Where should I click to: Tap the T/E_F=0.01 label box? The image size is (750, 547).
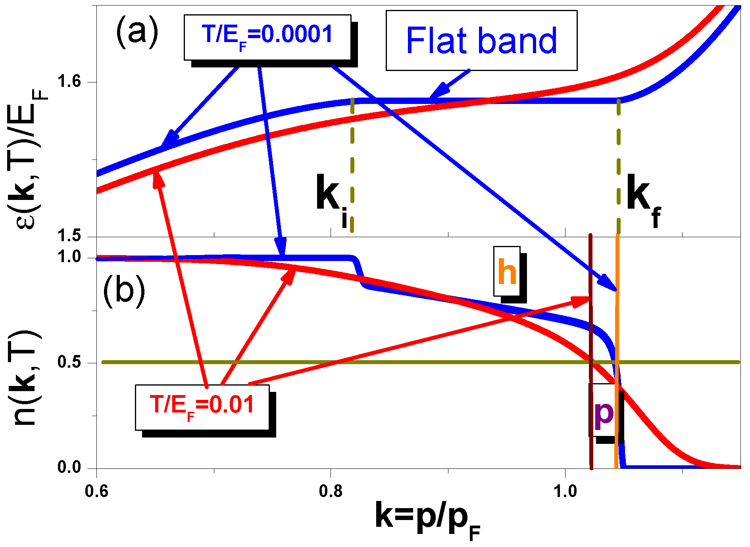pyautogui.click(x=202, y=407)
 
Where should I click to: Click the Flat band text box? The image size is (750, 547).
pyautogui.click(x=481, y=40)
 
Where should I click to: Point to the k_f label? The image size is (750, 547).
pyautogui.click(x=643, y=200)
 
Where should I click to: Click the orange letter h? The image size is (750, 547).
pyautogui.click(x=507, y=272)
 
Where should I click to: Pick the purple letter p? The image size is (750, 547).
pyautogui.click(x=604, y=414)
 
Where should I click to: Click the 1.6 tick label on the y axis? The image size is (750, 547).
pyautogui.click(x=69, y=82)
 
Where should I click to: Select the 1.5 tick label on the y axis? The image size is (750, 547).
pyautogui.click(x=69, y=236)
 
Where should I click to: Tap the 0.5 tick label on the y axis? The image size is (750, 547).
pyautogui.click(x=69, y=362)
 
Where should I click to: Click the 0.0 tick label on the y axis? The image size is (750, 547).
pyautogui.click(x=69, y=467)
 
